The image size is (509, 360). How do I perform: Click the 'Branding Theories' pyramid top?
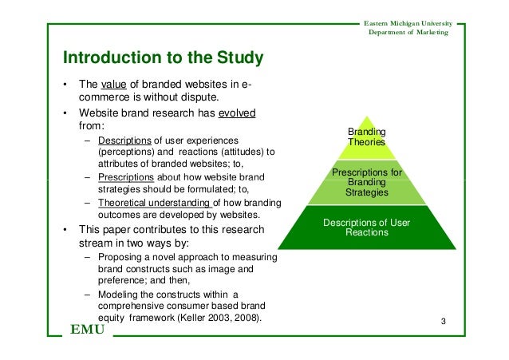(x=366, y=136)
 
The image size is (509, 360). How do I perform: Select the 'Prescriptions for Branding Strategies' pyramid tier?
(x=367, y=183)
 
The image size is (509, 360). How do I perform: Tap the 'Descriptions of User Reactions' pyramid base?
(x=367, y=227)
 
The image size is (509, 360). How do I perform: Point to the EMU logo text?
(x=87, y=330)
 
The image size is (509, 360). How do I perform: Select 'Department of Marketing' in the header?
(x=408, y=31)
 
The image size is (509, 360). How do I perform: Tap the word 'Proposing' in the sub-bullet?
(x=119, y=257)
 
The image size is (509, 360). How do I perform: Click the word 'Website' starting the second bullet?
(x=95, y=113)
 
